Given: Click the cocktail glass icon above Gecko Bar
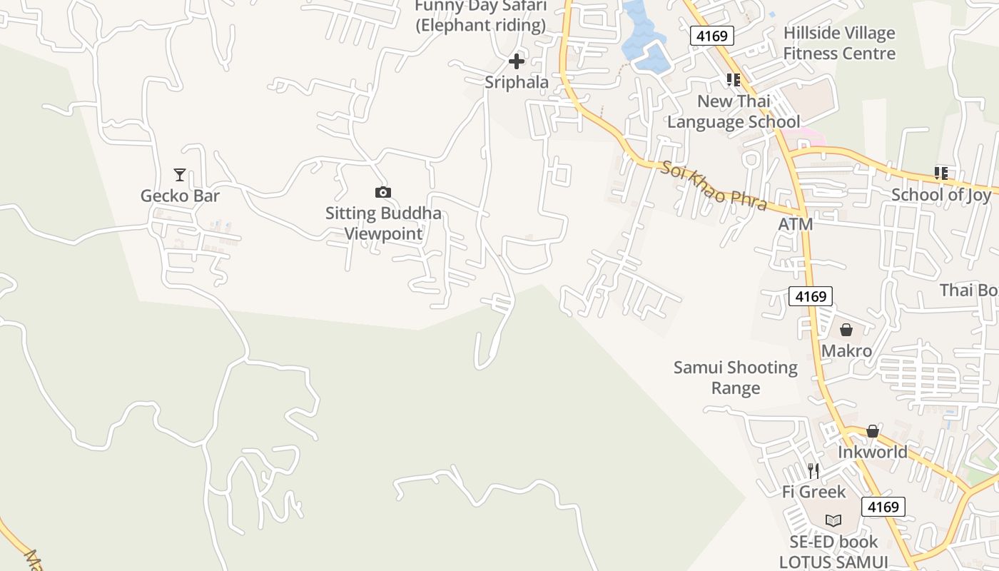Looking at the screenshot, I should coord(179,174).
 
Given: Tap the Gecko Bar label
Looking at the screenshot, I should coord(180,196).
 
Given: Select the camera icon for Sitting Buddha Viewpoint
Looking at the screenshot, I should coord(383,192).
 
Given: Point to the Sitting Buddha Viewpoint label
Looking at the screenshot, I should coord(383,223).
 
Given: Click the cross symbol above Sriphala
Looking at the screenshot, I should coord(517,61).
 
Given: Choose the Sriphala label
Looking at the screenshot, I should coord(517,82).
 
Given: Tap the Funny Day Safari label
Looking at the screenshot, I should coord(481,16).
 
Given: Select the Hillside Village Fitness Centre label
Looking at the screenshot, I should coord(839,44).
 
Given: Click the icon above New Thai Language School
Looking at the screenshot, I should coord(733,80).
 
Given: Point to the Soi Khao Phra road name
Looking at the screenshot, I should coord(713,186).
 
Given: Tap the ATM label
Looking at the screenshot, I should coord(796,224).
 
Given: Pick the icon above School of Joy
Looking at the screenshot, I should coord(941,173).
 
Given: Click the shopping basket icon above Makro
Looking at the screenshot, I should coord(846,330).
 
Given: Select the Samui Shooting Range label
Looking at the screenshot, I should coord(736,378).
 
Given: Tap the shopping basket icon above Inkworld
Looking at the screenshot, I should coord(872,431).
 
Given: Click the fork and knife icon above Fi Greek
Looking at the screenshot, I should coord(813,470).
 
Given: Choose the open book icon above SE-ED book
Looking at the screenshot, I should coord(833,520).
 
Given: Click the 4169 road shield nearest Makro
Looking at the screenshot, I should coord(811,296).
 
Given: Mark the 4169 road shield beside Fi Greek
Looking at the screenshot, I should coord(883,507).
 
